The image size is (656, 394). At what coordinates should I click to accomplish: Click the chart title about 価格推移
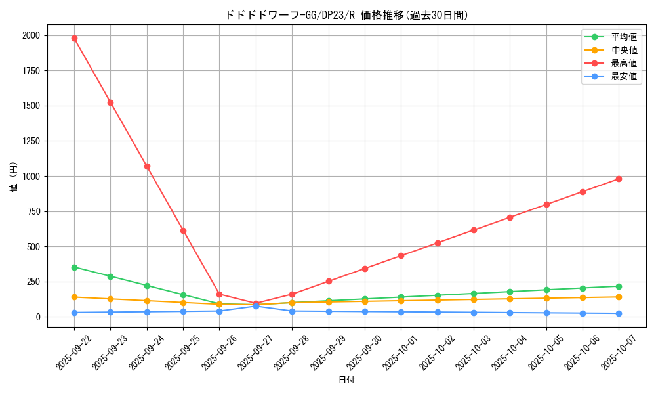click(x=346, y=15)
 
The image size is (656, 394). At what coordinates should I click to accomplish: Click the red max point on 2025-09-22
click(x=74, y=38)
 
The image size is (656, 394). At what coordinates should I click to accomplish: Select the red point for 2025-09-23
click(x=110, y=102)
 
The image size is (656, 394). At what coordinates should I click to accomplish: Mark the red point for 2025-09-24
click(x=147, y=166)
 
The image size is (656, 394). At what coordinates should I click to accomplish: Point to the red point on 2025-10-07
click(x=619, y=179)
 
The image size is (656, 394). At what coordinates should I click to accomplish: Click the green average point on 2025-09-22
click(x=74, y=267)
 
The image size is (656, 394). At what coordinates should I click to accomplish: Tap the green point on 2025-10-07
click(x=619, y=286)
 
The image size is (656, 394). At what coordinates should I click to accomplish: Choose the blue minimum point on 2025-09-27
click(x=256, y=306)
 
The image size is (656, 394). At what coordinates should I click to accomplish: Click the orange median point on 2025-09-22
click(x=74, y=297)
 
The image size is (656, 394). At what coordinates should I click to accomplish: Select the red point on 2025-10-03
click(x=474, y=230)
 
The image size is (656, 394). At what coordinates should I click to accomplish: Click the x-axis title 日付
click(x=346, y=380)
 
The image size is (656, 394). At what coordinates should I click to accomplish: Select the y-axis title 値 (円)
click(x=14, y=177)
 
